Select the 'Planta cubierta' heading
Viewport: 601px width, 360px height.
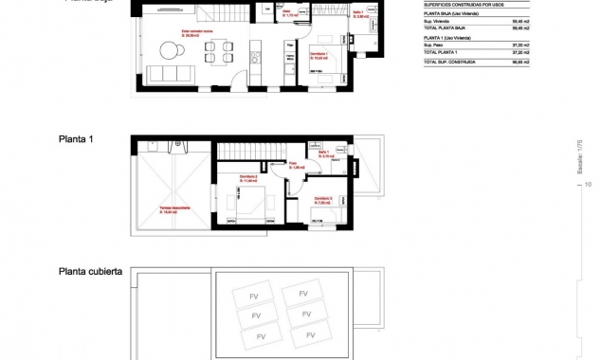click(90, 271)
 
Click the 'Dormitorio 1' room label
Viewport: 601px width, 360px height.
click(319, 55)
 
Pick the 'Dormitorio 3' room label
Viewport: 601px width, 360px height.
click(324, 199)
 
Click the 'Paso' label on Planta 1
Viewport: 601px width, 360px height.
click(295, 166)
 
